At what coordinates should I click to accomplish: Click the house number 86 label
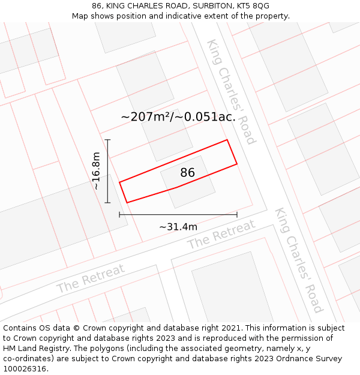tap(188, 173)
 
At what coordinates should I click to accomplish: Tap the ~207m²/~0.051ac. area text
tap(178, 117)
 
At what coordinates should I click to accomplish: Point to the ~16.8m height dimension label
tap(96, 171)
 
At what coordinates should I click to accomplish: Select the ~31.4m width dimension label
tap(178, 227)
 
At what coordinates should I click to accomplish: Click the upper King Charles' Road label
tap(231, 92)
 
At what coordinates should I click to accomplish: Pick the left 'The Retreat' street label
tap(91, 278)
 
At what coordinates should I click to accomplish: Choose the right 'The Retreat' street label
tap(221, 235)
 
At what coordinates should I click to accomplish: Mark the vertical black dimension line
tap(107, 171)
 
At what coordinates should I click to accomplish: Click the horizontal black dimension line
tap(178, 214)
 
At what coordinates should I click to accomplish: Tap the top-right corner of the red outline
tap(227, 140)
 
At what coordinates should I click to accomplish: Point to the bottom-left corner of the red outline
tap(127, 203)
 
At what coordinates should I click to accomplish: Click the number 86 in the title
tap(97, 6)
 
